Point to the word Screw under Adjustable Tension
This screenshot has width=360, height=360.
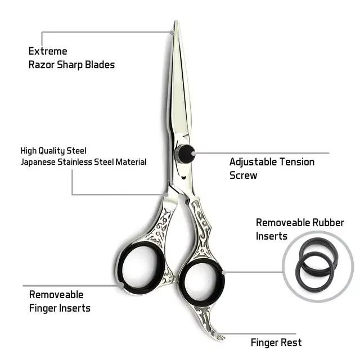(x=243, y=175)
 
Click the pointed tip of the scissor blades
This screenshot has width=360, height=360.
(x=176, y=24)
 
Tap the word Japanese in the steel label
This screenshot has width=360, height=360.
(x=39, y=162)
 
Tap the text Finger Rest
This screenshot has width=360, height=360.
(x=276, y=342)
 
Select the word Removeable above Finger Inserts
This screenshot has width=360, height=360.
(x=56, y=295)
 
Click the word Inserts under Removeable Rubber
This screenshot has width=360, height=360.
(x=272, y=236)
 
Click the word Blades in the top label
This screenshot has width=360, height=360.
(x=101, y=65)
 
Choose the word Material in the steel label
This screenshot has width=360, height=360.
(x=130, y=162)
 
